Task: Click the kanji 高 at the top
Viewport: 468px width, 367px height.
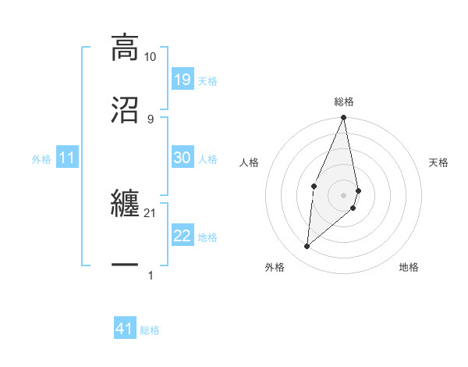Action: (125, 46)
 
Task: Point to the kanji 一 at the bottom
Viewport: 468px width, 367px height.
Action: (125, 265)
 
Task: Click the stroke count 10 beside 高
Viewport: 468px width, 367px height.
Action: (151, 57)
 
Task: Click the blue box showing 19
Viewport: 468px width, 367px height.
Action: (182, 79)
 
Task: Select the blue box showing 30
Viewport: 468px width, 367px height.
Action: (182, 158)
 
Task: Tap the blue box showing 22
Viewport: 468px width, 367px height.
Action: (182, 236)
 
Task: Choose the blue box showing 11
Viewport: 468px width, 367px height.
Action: (67, 158)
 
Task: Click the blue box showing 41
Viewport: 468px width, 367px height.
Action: (125, 329)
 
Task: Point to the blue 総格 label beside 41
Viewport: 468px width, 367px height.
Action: (150, 330)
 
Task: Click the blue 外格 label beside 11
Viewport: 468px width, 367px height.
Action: (41, 159)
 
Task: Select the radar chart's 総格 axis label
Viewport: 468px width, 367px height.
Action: (344, 102)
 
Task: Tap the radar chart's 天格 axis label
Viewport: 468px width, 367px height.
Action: (439, 162)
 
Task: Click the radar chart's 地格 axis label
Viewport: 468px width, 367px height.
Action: (409, 267)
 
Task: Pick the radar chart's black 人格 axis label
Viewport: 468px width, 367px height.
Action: (250, 162)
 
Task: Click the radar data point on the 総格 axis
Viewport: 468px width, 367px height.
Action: (344, 118)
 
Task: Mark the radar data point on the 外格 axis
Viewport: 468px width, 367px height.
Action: (307, 246)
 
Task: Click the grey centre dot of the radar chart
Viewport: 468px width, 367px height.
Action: (344, 194)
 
